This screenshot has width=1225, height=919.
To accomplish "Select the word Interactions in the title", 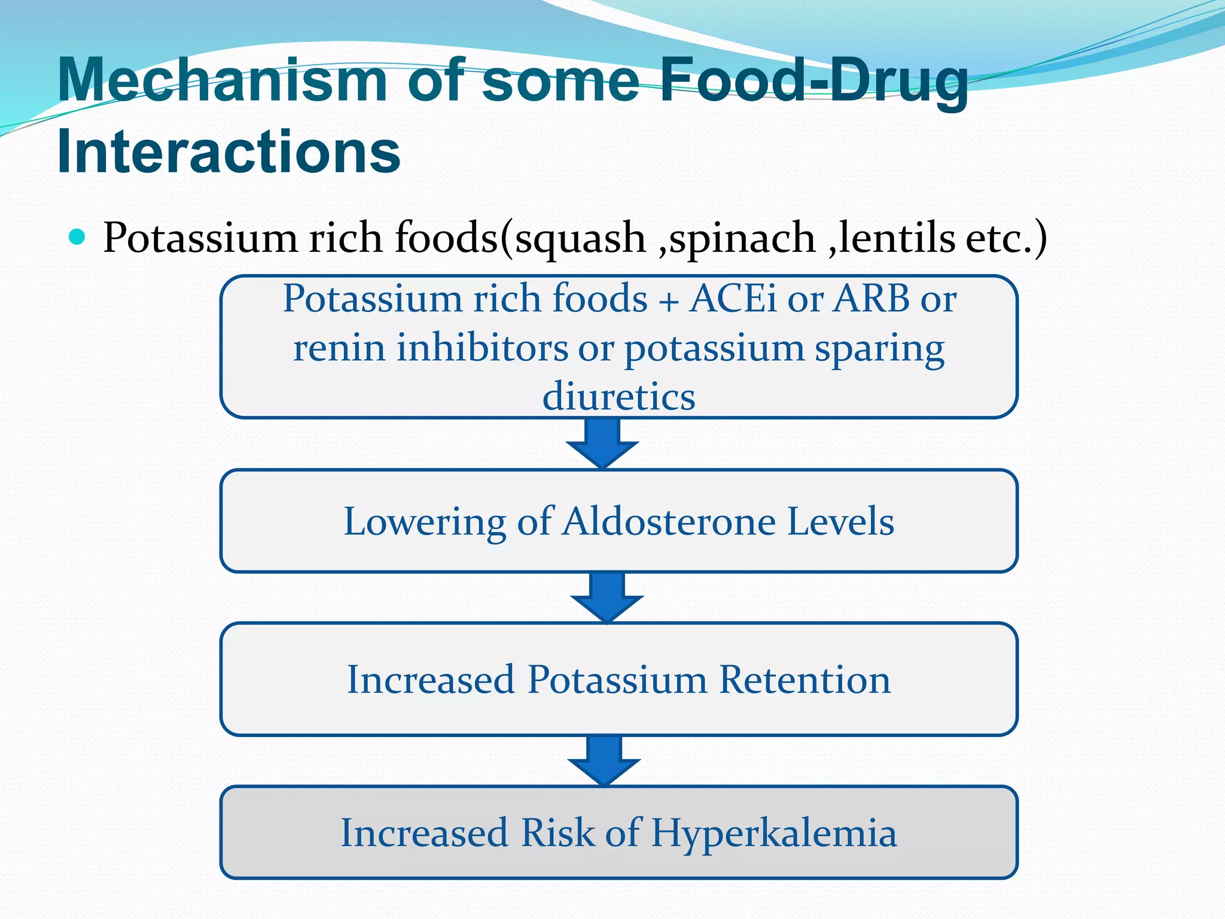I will click(228, 152).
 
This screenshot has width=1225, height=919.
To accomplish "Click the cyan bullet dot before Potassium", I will click(77, 237).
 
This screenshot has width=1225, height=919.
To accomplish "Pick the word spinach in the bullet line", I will click(742, 239).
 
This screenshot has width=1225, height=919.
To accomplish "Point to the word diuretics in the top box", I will click(618, 397).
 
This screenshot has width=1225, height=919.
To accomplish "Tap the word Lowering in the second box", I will click(425, 522).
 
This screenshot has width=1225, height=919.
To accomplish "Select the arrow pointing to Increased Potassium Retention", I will click(607, 598).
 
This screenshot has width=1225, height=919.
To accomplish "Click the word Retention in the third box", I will click(805, 680).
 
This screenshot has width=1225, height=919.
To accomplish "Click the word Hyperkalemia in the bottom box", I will click(774, 833).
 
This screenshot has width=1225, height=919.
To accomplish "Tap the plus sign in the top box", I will click(668, 301).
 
